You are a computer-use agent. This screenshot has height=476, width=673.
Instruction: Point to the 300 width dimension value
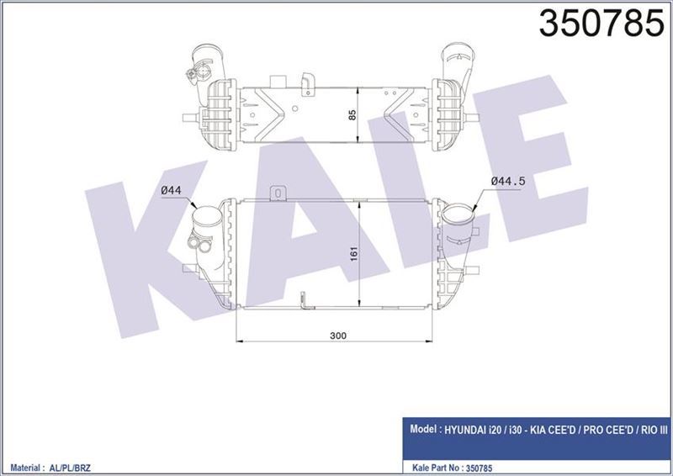(338, 335)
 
